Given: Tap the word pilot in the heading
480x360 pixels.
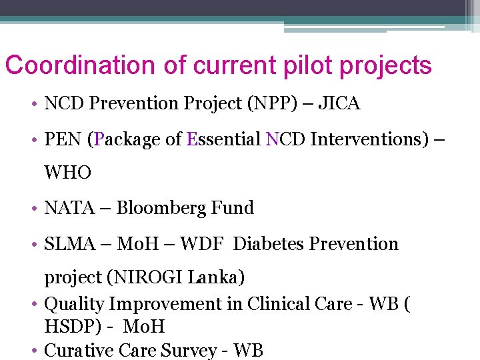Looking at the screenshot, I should (x=298, y=65).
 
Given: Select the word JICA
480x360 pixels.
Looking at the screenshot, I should (x=340, y=103).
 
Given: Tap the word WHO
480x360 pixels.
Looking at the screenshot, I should (x=67, y=173).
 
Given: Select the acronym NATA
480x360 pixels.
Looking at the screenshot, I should (x=67, y=208).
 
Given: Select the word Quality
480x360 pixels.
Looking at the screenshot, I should (x=74, y=304).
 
